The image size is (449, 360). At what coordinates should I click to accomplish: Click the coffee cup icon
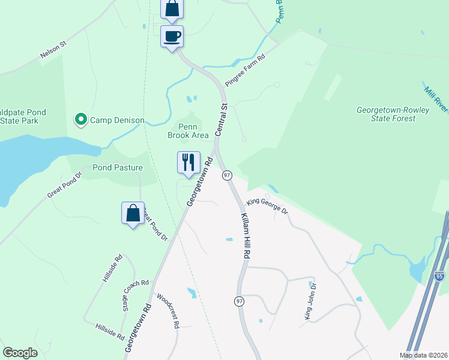point(172,36)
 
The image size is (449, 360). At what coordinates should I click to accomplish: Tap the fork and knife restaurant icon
point(188,162)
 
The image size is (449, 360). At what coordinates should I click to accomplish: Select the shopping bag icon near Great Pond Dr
point(132,213)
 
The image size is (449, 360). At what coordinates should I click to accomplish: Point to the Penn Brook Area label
point(188,131)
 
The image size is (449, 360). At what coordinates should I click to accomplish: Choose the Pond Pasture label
point(118,167)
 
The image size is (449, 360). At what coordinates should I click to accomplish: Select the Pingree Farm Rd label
point(245,71)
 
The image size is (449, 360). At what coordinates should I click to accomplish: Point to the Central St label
point(220,119)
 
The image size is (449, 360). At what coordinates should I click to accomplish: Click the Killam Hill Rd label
point(246,235)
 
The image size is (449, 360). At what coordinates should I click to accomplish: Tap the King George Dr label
point(267,207)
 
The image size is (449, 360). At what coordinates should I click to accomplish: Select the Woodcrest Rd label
point(168,310)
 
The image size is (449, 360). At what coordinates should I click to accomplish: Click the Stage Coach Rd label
point(135,295)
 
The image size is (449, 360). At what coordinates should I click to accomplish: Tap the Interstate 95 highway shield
point(439,277)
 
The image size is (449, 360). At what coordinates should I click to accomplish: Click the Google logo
point(20,353)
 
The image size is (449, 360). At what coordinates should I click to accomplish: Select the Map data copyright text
point(424,355)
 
